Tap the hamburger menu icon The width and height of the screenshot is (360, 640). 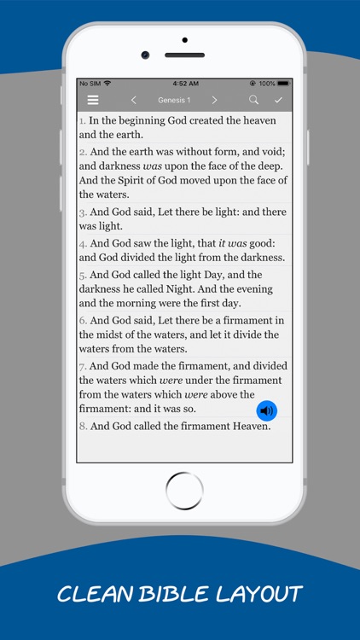tap(93, 100)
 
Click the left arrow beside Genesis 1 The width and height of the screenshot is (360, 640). tap(133, 100)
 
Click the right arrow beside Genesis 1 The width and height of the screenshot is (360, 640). tap(214, 100)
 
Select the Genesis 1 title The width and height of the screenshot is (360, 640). tap(174, 100)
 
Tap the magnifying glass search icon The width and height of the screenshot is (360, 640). tap(253, 100)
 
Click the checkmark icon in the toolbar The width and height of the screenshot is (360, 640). tap(278, 100)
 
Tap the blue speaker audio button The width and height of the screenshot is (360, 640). tap(267, 410)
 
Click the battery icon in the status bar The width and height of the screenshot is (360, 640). tap(283, 83)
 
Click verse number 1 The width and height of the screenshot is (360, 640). tap(83, 120)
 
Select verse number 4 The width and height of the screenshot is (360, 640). tap(83, 243)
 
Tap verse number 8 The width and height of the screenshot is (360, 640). tap(83, 426)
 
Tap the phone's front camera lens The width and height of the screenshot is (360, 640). tap(146, 55)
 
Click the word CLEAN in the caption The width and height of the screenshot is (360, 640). tap(90, 594)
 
